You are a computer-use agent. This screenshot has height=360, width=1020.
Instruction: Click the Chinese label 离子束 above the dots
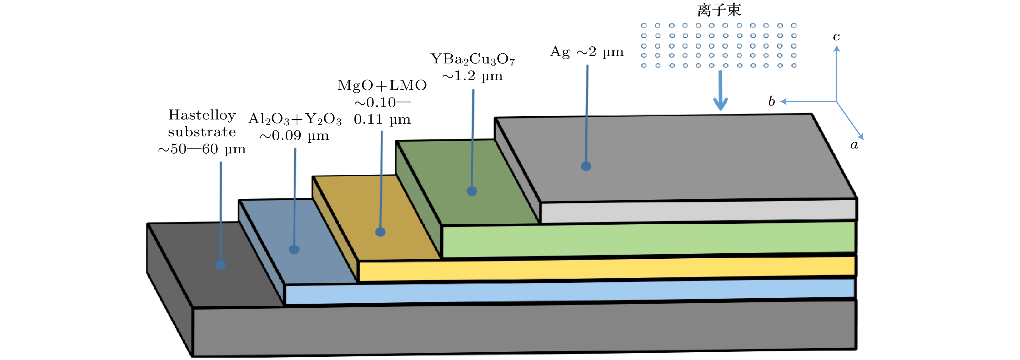[x=719, y=10]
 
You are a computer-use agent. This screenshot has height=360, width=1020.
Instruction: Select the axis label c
[x=836, y=37]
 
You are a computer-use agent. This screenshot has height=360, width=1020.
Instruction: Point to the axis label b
[x=771, y=102]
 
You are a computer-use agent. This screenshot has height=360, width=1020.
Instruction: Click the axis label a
[x=854, y=145]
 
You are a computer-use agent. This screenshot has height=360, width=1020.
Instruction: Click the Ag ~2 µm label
[x=587, y=52]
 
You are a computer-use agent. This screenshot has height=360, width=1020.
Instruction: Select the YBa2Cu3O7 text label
[x=473, y=59]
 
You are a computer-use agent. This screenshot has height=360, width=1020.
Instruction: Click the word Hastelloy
[x=202, y=115]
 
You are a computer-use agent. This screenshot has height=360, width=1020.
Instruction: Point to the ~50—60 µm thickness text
[x=202, y=149]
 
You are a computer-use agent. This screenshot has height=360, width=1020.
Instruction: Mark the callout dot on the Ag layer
[x=586, y=166]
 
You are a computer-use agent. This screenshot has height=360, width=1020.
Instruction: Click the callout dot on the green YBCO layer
[x=472, y=191]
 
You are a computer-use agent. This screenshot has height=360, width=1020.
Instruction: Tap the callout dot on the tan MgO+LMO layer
[x=380, y=232]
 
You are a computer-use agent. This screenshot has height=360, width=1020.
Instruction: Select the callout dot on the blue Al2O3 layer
[x=294, y=250]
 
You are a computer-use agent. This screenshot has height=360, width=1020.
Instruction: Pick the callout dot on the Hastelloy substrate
[x=220, y=265]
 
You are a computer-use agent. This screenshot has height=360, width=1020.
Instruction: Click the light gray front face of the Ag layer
[x=697, y=211]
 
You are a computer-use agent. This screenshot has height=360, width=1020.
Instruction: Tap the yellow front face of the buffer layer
[x=606, y=269]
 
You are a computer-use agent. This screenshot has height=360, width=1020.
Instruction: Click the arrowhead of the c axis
[x=837, y=49]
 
